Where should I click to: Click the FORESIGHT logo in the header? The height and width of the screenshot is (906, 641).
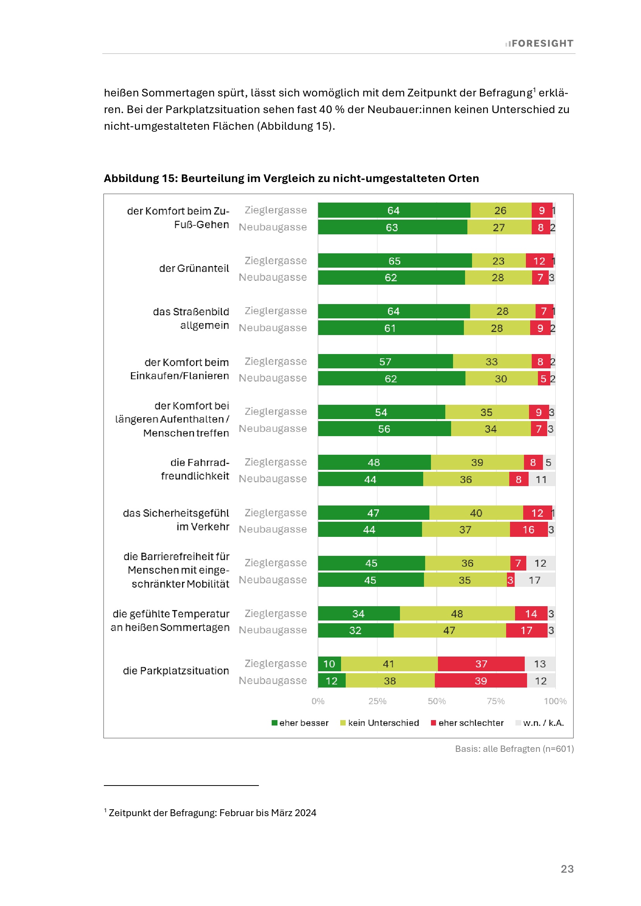point(539,43)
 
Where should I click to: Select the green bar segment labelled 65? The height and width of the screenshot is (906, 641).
point(394,261)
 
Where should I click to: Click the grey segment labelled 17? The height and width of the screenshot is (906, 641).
point(534,580)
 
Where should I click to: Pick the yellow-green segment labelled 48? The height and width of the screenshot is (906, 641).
point(457,614)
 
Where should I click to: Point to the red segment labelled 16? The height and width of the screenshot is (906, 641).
point(528,530)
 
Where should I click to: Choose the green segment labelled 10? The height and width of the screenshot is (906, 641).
point(329,664)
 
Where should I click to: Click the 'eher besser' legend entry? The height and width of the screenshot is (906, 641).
point(300,723)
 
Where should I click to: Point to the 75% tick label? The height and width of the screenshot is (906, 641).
point(496,701)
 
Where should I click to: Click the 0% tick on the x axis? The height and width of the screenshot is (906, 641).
point(318,701)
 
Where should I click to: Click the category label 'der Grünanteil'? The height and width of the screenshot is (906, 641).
point(194,268)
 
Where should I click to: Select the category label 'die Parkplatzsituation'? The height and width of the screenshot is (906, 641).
point(176,671)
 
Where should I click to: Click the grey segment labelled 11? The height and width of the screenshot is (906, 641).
point(541,480)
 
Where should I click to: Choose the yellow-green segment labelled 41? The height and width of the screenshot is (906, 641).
point(389,664)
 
